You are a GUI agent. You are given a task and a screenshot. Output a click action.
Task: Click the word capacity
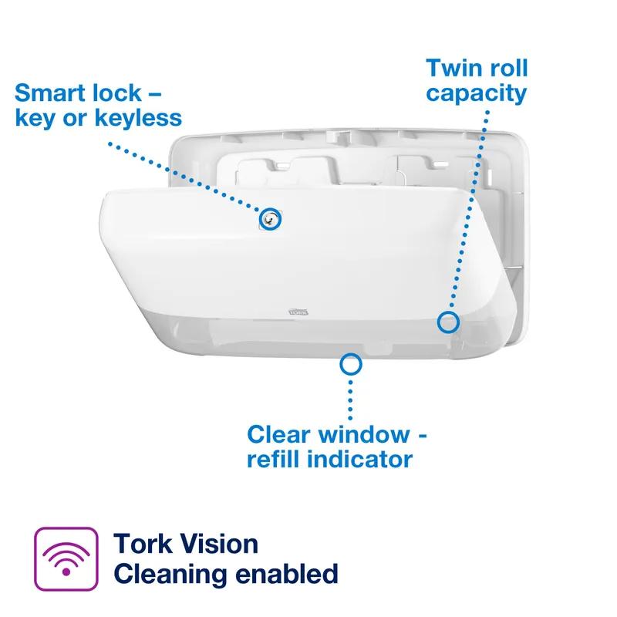pos(477,93)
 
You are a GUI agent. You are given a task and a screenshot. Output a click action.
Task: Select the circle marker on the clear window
pos(352,363)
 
